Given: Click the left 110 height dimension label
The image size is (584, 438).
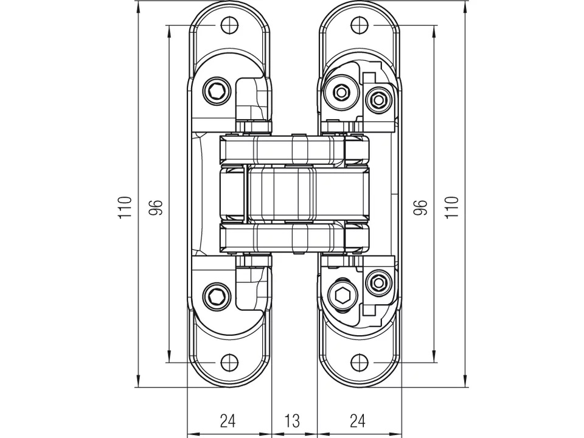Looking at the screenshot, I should click(125, 207).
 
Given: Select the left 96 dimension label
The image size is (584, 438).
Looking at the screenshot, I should click(156, 207).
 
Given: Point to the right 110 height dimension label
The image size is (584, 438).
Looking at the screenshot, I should click(451, 207).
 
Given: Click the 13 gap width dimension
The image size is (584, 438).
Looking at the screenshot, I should click(293, 420).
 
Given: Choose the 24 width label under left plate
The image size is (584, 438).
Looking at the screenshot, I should click(228, 420).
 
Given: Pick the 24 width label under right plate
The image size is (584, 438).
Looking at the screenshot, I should click(358, 420).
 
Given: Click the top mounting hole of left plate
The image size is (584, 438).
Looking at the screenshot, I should click(228, 25).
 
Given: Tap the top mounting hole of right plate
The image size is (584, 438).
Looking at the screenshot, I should click(358, 25).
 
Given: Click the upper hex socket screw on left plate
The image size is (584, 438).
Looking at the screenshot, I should click(217, 92).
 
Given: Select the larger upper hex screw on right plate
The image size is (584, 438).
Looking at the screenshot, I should click(342, 92).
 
